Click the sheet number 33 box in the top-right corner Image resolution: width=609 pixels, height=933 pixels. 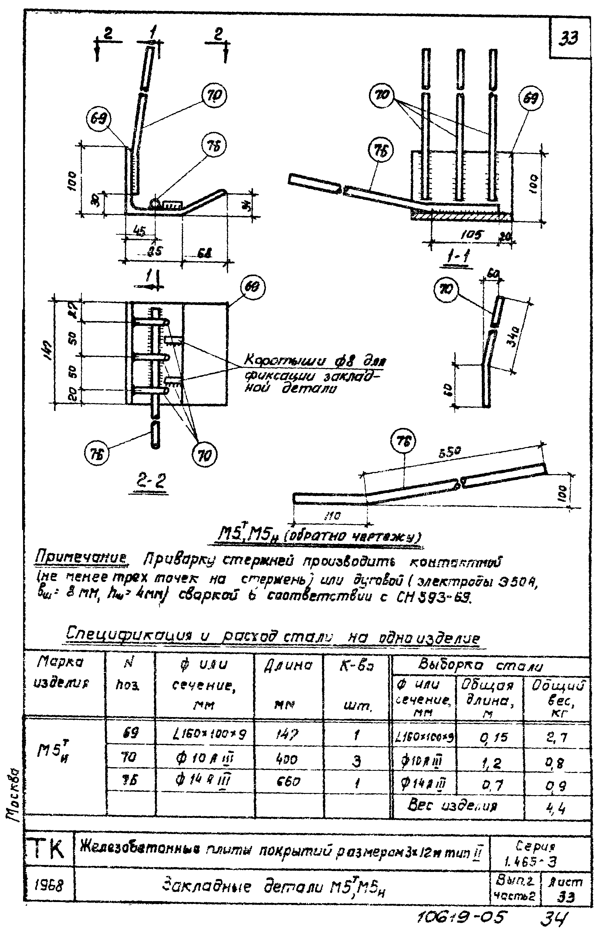tap(569, 38)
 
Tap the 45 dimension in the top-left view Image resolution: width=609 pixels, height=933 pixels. tap(139, 232)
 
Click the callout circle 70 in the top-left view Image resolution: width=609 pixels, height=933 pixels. tap(214, 96)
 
